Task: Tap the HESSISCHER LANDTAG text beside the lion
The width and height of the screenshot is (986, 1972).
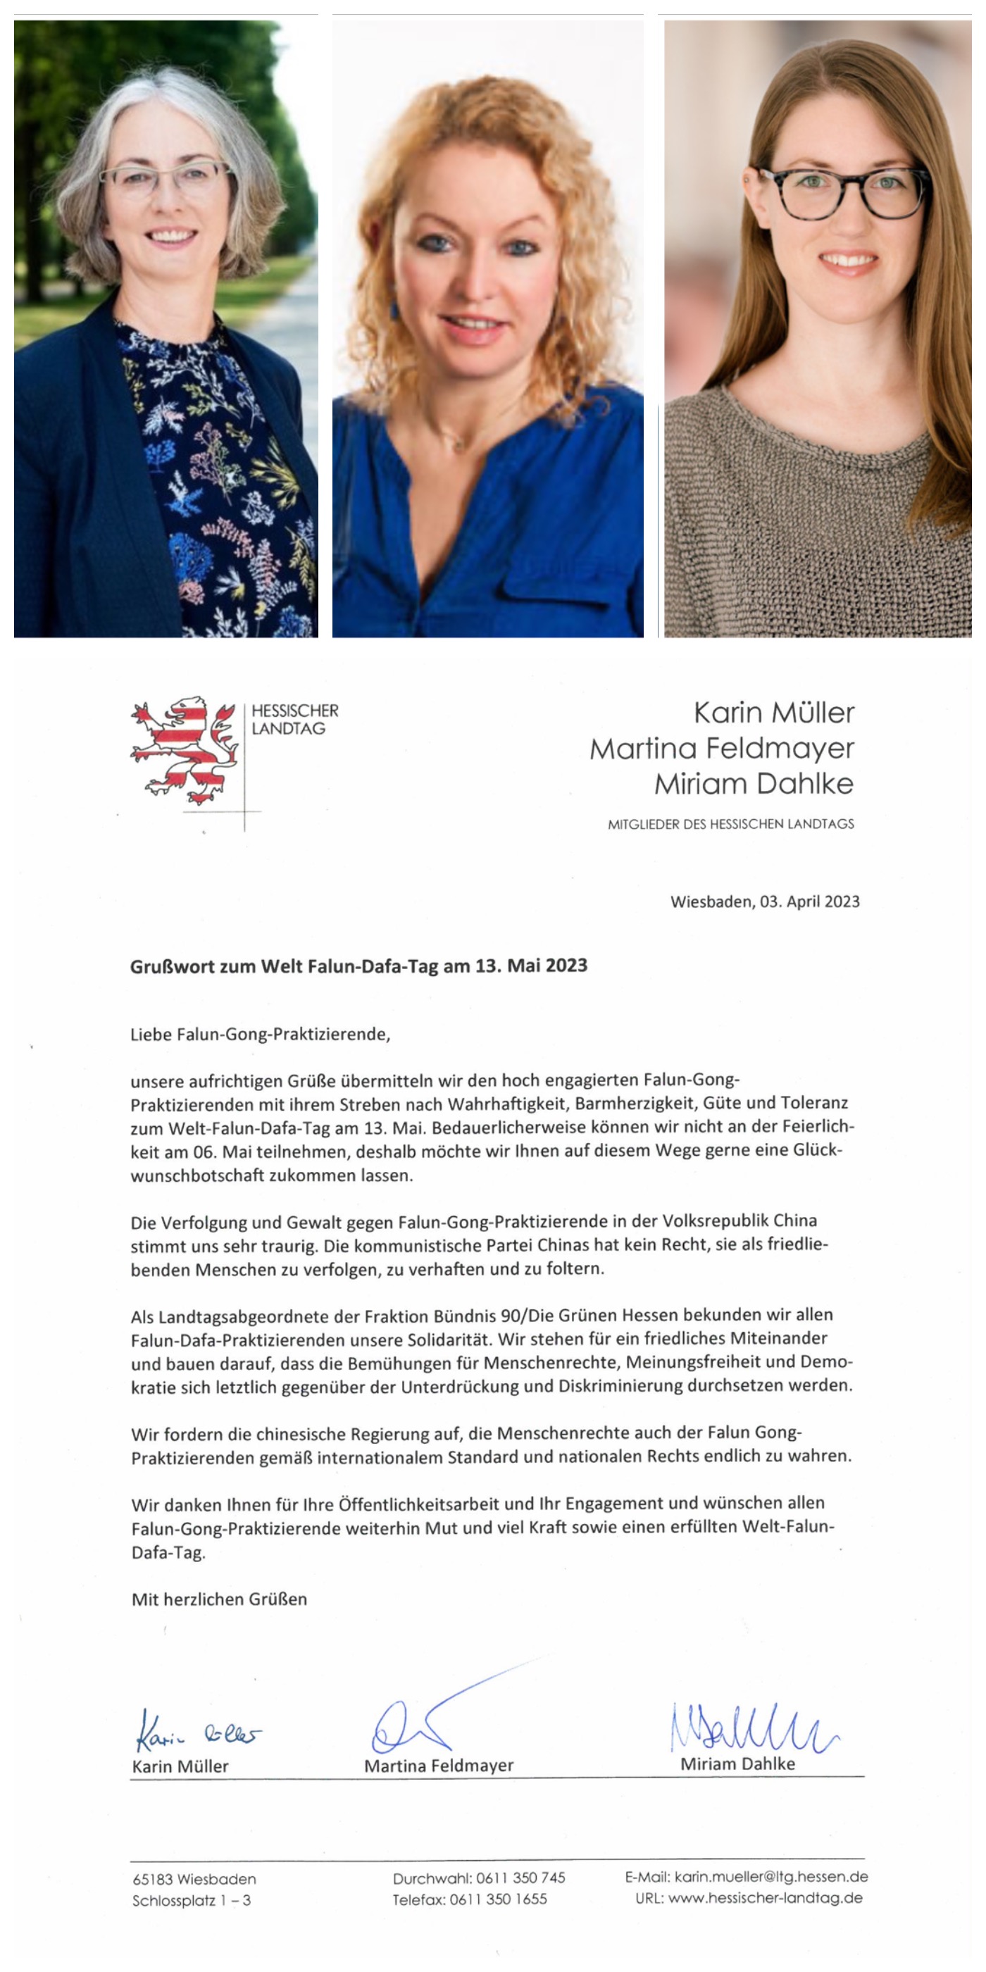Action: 294,720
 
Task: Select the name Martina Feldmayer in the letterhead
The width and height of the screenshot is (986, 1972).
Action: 721,748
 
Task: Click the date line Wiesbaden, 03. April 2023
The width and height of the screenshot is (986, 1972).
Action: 765,901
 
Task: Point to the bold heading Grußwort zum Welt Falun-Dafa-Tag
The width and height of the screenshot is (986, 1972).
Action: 358,966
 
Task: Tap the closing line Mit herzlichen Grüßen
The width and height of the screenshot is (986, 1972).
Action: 219,1599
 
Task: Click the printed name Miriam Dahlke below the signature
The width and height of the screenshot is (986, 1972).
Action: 737,1764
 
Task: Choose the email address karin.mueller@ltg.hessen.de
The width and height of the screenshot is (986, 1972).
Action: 771,1876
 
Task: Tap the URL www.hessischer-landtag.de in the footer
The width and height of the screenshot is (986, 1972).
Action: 765,1898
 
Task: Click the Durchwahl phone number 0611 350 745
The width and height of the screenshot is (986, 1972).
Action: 520,1878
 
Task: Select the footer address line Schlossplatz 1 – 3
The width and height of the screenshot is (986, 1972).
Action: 192,1900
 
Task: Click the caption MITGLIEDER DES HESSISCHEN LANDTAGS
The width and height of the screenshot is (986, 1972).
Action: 730,824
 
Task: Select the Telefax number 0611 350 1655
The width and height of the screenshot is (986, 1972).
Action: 499,1899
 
